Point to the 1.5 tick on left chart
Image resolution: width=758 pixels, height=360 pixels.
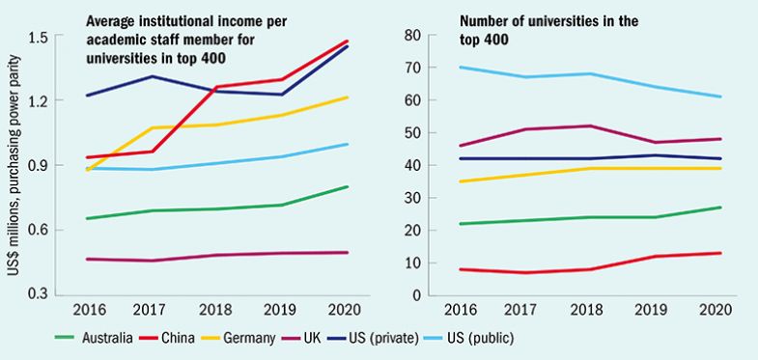tap(39, 37)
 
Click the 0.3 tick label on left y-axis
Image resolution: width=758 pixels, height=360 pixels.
tap(39, 294)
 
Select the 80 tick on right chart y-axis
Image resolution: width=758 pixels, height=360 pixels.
tap(411, 36)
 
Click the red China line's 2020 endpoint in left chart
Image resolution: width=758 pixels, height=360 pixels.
tap(348, 41)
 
